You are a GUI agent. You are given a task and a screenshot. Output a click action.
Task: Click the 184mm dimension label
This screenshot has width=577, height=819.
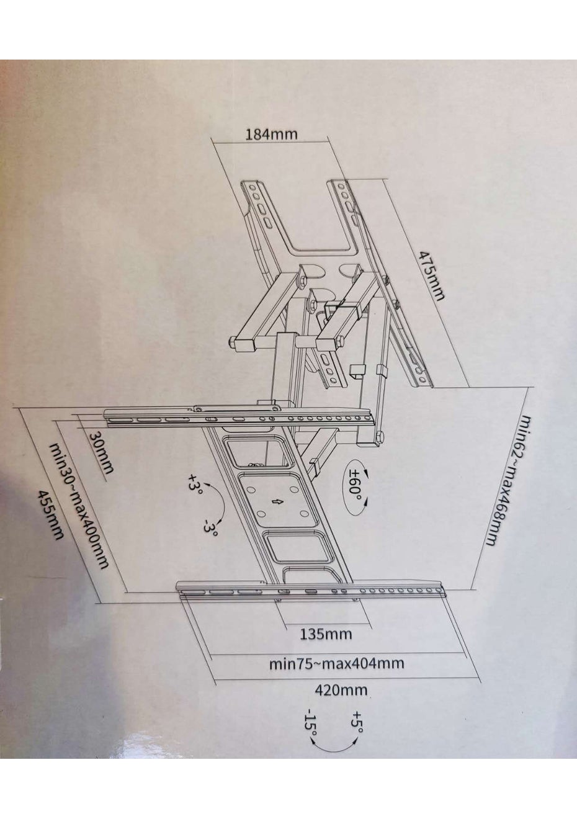271,135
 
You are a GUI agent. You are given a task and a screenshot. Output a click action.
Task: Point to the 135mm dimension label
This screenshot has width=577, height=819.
326,633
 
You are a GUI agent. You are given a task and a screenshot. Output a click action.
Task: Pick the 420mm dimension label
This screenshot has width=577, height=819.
341,690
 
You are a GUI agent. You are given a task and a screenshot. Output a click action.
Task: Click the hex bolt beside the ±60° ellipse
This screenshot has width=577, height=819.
379,436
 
